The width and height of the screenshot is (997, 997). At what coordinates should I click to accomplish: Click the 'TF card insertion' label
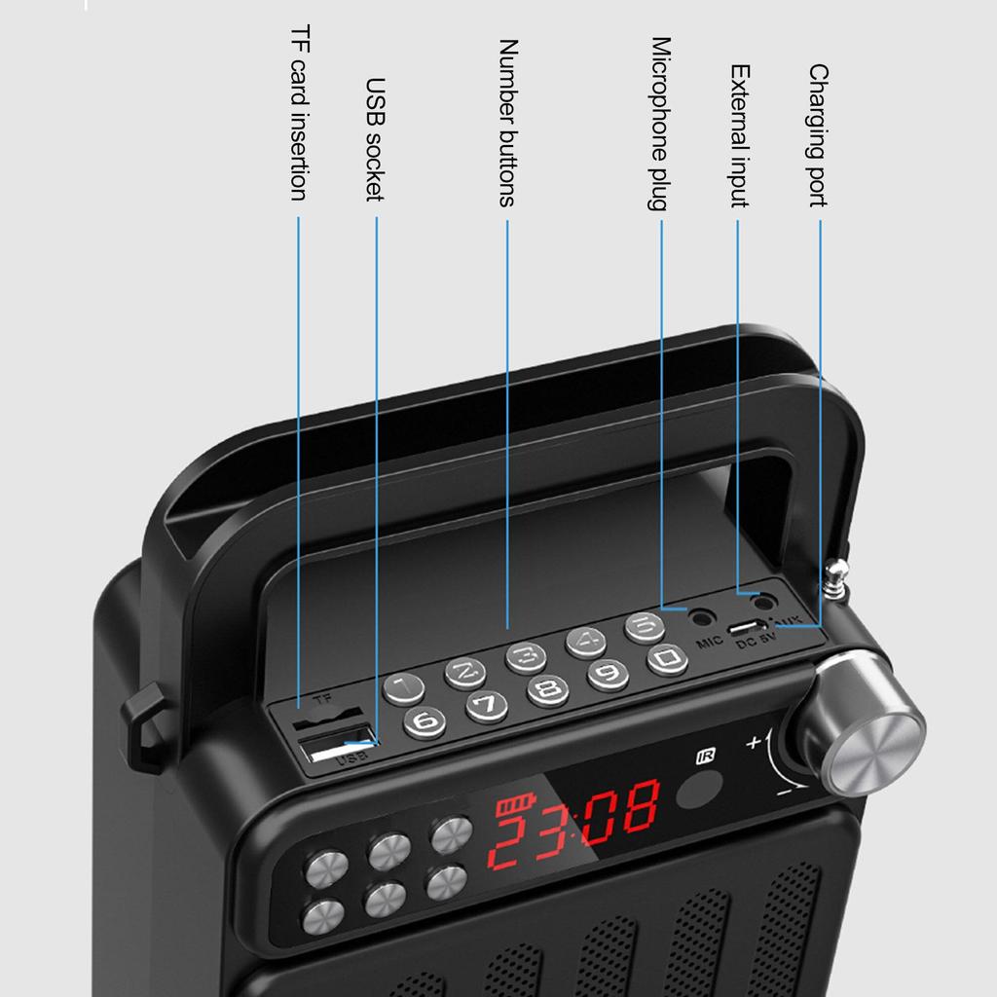pyautogui.click(x=299, y=115)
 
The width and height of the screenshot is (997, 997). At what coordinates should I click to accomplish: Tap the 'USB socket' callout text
pyautogui.click(x=375, y=139)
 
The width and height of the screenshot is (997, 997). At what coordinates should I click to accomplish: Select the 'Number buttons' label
pyautogui.click(x=506, y=123)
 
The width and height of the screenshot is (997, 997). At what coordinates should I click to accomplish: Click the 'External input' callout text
pyautogui.click(x=739, y=136)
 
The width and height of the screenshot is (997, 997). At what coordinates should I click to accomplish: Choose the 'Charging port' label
pyautogui.click(x=818, y=136)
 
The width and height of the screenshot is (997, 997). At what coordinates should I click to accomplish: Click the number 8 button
pyautogui.click(x=548, y=690)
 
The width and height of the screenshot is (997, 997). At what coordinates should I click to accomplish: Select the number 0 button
pyautogui.click(x=667, y=660)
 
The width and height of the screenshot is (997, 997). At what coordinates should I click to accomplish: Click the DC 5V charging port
pyautogui.click(x=748, y=626)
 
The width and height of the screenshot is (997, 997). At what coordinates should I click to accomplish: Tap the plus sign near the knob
pyautogui.click(x=754, y=743)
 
